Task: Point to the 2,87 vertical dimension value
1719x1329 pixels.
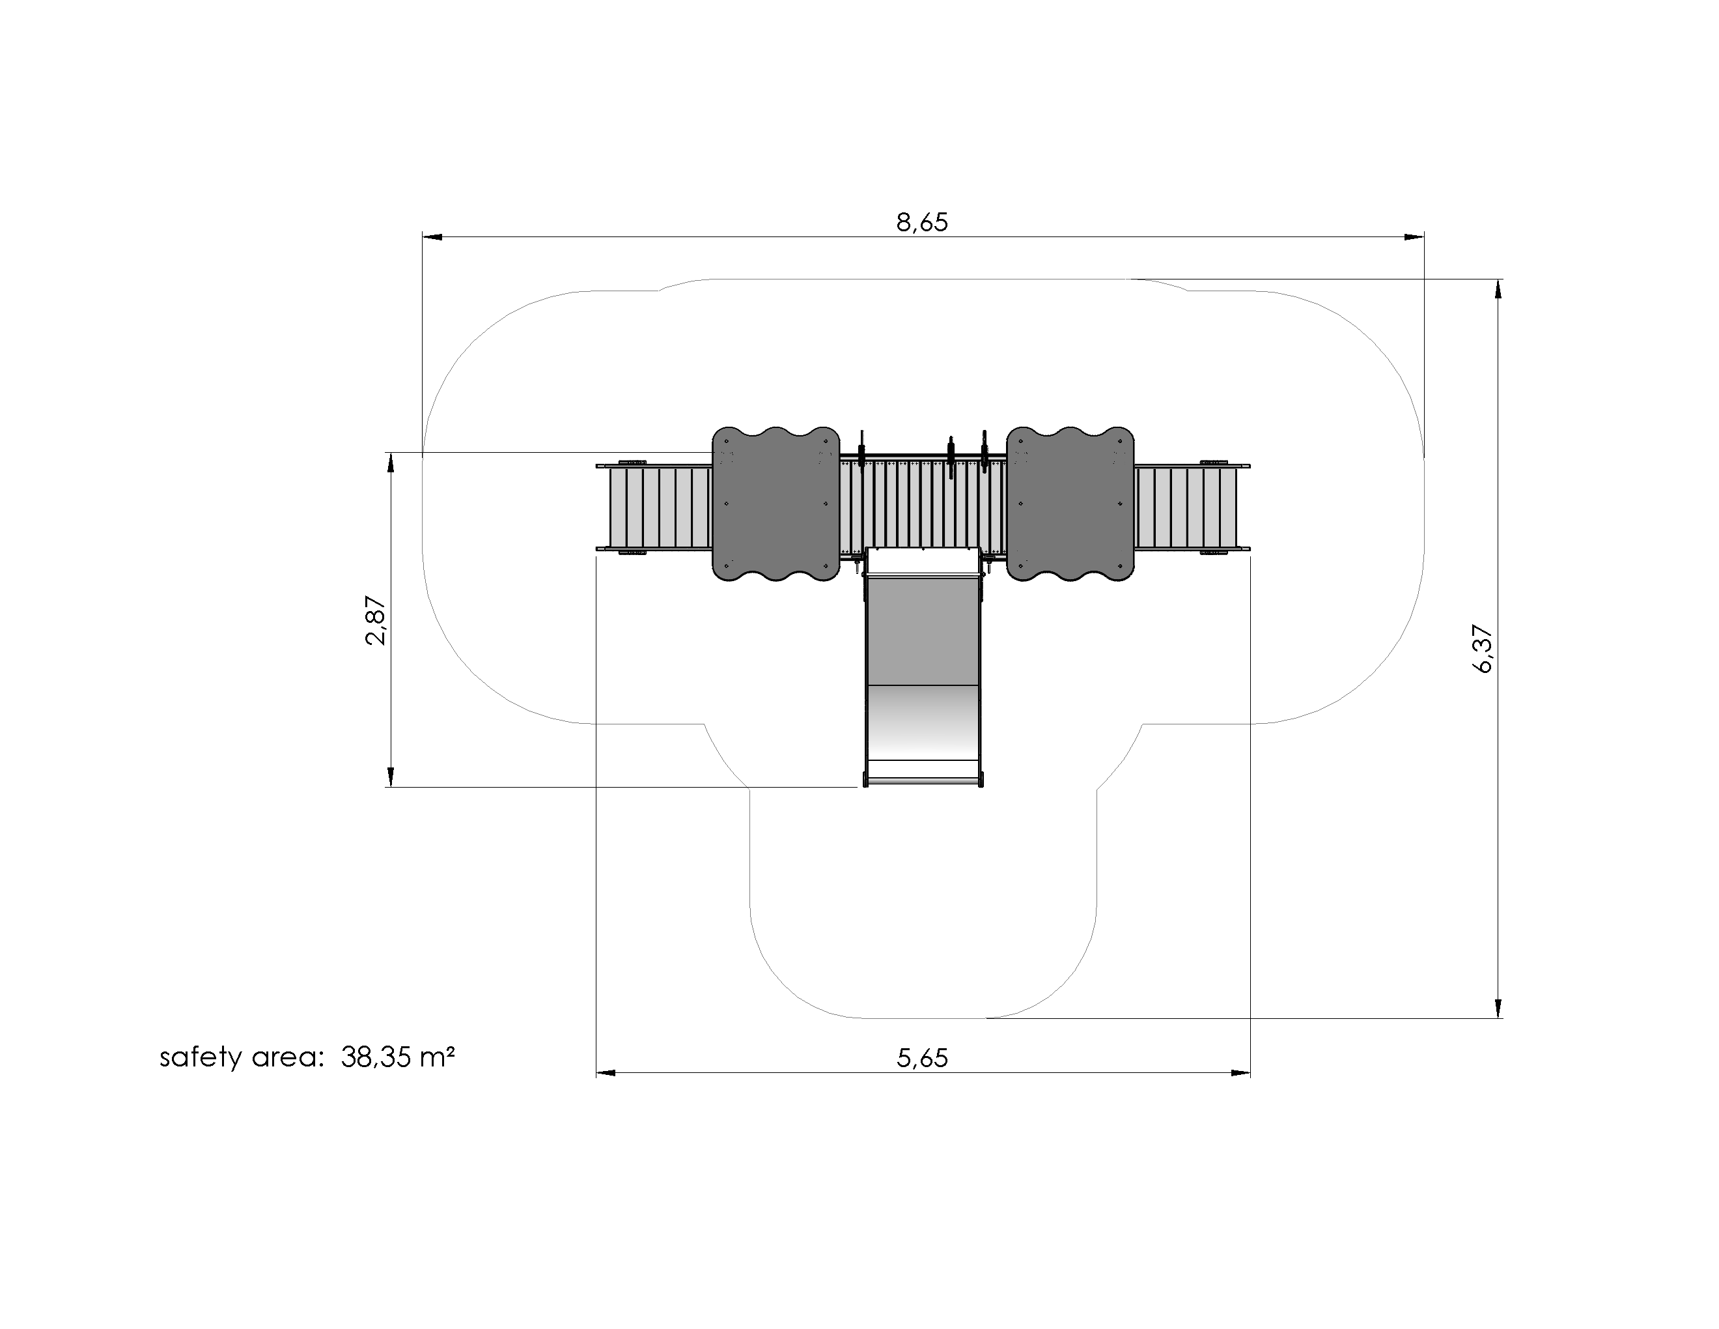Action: [x=376, y=620]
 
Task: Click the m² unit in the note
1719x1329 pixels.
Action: [x=438, y=1056]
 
